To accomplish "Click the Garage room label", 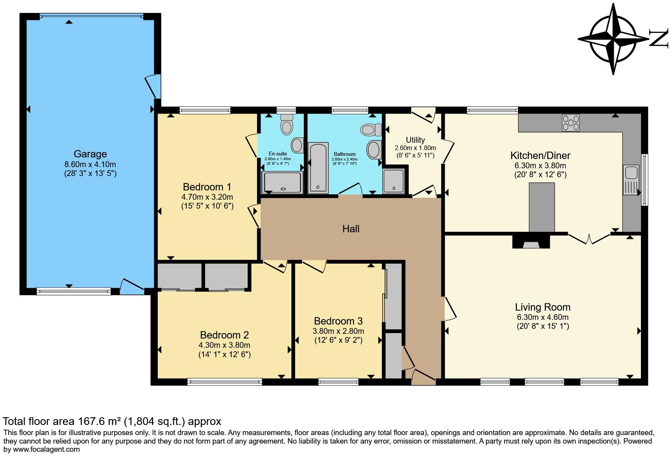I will [x=90, y=154].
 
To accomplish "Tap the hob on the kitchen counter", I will [x=570, y=123].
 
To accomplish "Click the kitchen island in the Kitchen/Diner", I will [x=542, y=207].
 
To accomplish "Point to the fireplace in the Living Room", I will [x=531, y=242].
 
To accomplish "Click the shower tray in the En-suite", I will [x=282, y=182].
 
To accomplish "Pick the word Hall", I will [x=351, y=229].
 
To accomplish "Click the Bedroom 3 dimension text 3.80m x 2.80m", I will [x=338, y=331].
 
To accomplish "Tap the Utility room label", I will [x=415, y=140].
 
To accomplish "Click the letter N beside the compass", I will [x=658, y=39].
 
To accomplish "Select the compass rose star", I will [x=614, y=39].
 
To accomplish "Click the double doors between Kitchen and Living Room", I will [x=589, y=238].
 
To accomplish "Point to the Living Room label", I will [x=542, y=307].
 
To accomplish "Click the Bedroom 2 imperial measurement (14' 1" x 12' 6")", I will [x=224, y=354].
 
